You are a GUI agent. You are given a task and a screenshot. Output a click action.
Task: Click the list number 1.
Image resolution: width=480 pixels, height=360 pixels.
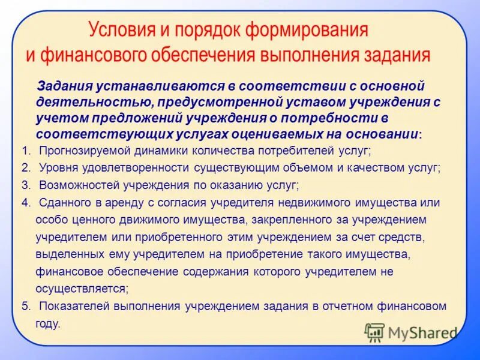(x=25, y=151)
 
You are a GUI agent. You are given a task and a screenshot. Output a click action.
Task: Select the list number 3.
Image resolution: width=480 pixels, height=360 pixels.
(x=25, y=185)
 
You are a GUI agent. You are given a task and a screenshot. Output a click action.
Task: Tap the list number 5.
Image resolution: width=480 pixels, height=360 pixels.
(x=25, y=306)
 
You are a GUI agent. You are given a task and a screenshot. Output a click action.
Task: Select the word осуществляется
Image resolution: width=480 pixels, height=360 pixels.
(x=82, y=289)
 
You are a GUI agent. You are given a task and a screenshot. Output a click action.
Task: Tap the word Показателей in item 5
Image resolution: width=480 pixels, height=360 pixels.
(x=71, y=306)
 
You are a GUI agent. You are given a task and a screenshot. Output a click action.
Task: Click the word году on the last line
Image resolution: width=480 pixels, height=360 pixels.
(x=48, y=324)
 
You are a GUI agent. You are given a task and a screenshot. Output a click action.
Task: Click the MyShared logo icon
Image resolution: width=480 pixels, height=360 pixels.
(x=375, y=332)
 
